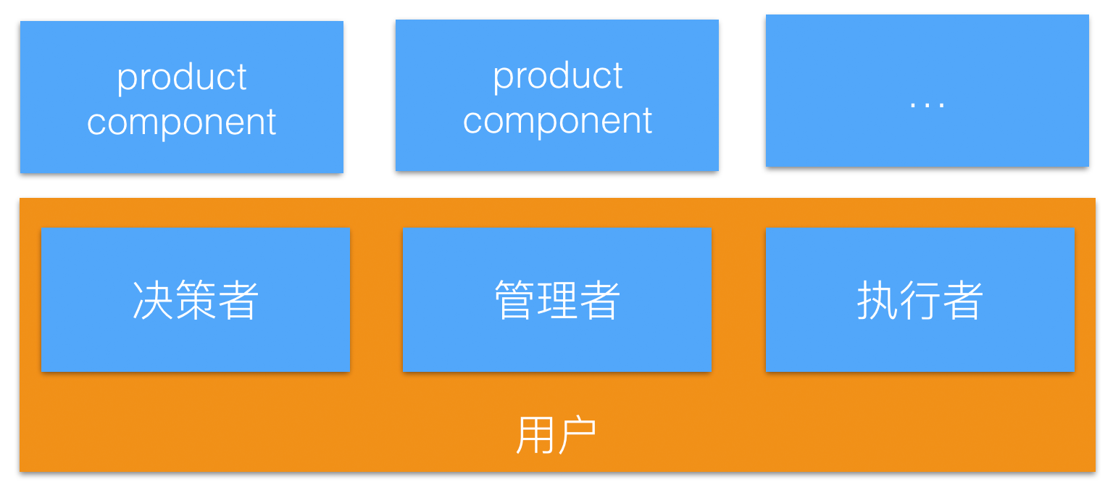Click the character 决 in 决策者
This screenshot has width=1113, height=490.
153,300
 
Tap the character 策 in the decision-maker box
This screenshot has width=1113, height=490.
196,300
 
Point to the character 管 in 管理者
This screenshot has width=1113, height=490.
514,300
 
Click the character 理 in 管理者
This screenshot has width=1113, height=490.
557,300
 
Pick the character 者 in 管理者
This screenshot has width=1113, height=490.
600,300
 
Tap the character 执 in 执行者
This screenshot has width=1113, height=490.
878,300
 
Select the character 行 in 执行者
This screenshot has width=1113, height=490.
920,300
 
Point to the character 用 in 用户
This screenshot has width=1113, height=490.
535,435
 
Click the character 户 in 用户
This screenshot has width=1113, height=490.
578,435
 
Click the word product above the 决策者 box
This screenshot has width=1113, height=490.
182,77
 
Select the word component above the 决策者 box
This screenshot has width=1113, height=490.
182,122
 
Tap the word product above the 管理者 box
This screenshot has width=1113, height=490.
557,75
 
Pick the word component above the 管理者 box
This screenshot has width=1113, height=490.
557,120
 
